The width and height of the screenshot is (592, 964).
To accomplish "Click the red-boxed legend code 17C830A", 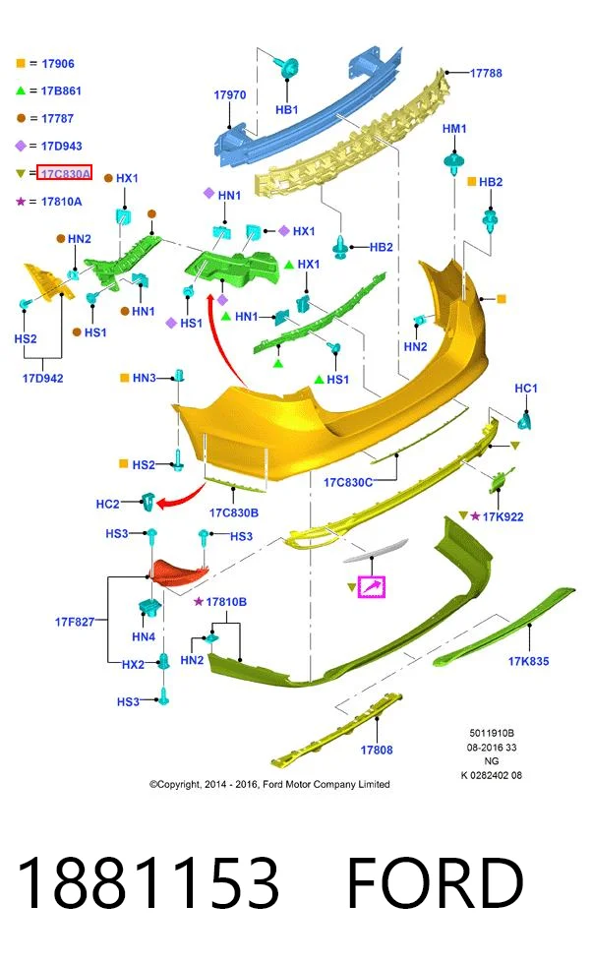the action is click(x=65, y=173).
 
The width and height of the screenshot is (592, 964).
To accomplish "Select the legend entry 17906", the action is click(x=58, y=64).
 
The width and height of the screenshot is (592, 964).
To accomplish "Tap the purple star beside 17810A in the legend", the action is click(x=21, y=201).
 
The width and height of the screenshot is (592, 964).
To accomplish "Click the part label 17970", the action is click(x=229, y=95).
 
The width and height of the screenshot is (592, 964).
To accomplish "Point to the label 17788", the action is click(x=486, y=73).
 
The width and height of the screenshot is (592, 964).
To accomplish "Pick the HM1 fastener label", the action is click(x=454, y=129).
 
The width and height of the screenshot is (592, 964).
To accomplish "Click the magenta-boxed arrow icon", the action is click(x=372, y=587).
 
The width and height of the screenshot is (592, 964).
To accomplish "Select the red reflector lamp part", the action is click(x=179, y=572).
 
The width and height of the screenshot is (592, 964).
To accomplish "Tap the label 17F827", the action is click(x=75, y=622).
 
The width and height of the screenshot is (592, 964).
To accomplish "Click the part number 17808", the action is click(x=377, y=750).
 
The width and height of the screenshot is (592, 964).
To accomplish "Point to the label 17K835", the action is click(x=528, y=661).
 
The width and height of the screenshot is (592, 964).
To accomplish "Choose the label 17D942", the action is click(x=43, y=378).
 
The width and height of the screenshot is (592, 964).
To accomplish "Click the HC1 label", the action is click(x=525, y=389).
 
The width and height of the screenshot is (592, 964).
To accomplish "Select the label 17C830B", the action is click(x=234, y=512).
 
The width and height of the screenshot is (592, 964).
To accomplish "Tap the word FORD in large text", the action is click(x=436, y=883).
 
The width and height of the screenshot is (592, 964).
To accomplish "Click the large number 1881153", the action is click(x=148, y=883).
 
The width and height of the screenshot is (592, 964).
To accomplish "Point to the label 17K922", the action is click(x=503, y=517).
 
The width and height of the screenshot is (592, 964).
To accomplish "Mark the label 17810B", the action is click(x=226, y=602).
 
